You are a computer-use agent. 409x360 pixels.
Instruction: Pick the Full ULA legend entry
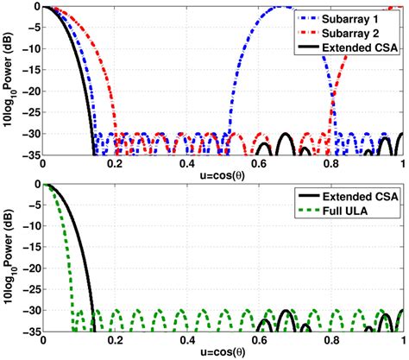coord(365,212)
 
